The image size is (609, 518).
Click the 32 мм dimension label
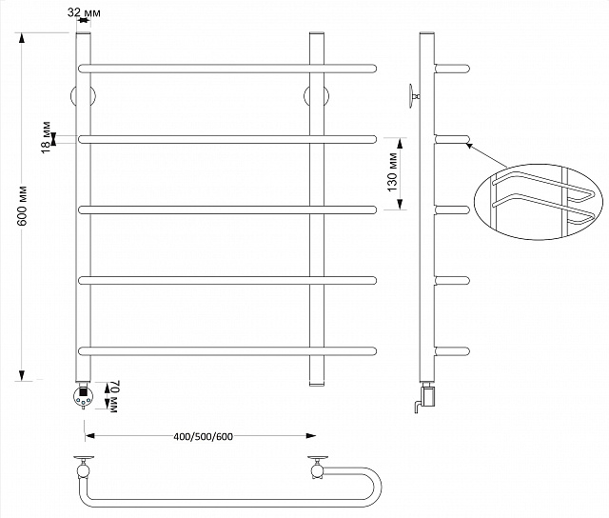[84, 12]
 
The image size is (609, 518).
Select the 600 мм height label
[22, 206]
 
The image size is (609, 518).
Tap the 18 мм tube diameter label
[46, 137]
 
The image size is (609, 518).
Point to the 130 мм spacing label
[392, 172]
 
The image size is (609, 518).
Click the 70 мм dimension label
[113, 396]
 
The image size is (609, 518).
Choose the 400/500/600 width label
[203, 437]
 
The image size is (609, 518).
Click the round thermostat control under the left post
[84, 396]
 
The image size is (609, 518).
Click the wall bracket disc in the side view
[411, 95]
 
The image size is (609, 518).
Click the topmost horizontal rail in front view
[227, 69]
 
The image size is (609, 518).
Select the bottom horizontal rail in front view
[227, 351]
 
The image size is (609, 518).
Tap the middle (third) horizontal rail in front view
[227, 209]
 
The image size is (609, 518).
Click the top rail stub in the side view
[453, 69]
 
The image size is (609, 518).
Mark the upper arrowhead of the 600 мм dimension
[22, 38]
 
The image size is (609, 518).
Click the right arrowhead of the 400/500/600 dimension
[311, 435]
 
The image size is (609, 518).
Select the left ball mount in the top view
[84, 471]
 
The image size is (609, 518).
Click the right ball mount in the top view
[317, 471]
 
